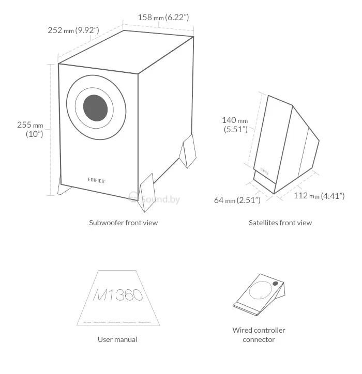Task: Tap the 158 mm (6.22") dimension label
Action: pos(163,17)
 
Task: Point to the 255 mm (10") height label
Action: pos(31,129)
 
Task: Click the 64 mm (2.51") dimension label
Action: pos(238,200)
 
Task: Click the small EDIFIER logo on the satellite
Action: pos(264,169)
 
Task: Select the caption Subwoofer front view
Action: pos(123,223)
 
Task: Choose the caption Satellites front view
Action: pos(280,223)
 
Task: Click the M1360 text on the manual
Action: pos(118,295)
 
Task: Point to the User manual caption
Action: pos(117,339)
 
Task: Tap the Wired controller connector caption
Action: pos(259,335)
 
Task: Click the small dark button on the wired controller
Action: pos(275,285)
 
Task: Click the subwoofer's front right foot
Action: pos(147,192)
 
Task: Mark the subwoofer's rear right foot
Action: pos(189,151)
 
